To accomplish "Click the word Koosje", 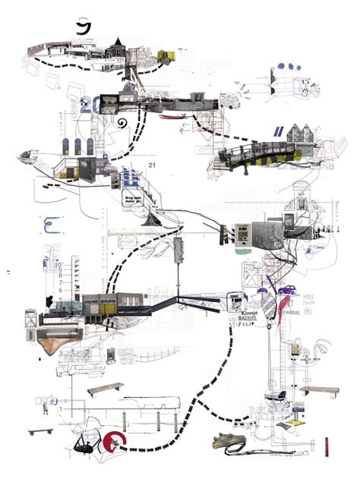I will pyautogui.click(x=249, y=311).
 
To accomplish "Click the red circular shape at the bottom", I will pyautogui.click(x=114, y=440).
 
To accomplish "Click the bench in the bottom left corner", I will pyautogui.click(x=41, y=430).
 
